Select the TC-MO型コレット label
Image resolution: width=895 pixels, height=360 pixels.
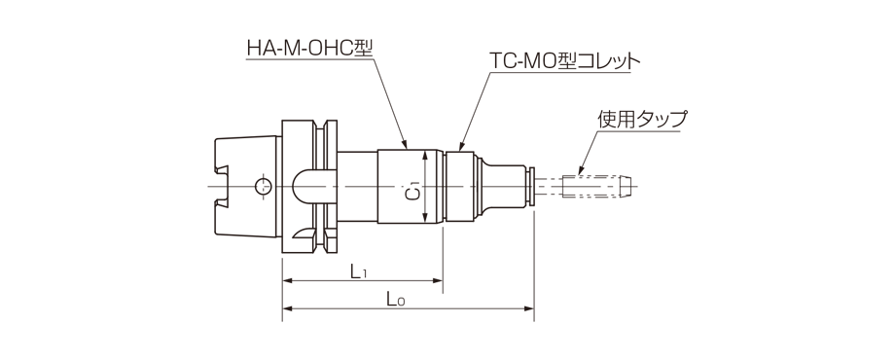564,60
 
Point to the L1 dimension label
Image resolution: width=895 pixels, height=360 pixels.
359,271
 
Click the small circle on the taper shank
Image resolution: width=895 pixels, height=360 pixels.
261,186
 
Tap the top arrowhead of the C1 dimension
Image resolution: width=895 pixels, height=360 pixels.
425,153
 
